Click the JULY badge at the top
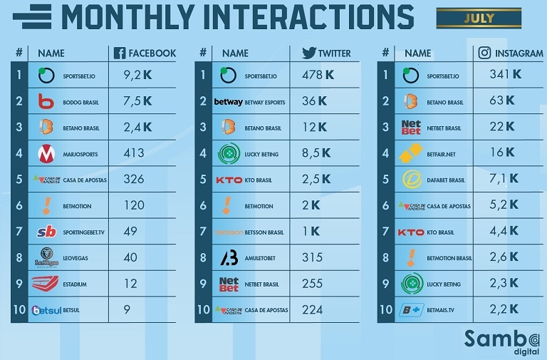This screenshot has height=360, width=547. [x=479, y=19]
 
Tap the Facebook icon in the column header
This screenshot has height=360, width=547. [x=120, y=53]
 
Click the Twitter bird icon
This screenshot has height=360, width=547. [x=308, y=53]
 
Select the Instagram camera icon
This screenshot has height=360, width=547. [x=484, y=53]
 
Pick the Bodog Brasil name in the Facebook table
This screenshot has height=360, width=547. [x=80, y=103]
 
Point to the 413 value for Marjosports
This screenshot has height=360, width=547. [x=133, y=153]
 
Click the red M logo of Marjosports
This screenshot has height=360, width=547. [x=46, y=153]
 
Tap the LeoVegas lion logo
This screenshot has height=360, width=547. [x=46, y=257]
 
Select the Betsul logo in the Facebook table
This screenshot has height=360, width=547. [x=46, y=310]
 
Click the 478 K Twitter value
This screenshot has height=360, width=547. [x=318, y=75]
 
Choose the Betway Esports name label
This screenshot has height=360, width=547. [x=264, y=103]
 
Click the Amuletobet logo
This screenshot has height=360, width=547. [x=229, y=257]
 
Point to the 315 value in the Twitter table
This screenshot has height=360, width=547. [x=312, y=257]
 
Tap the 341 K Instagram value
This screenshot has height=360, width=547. [x=505, y=74]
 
